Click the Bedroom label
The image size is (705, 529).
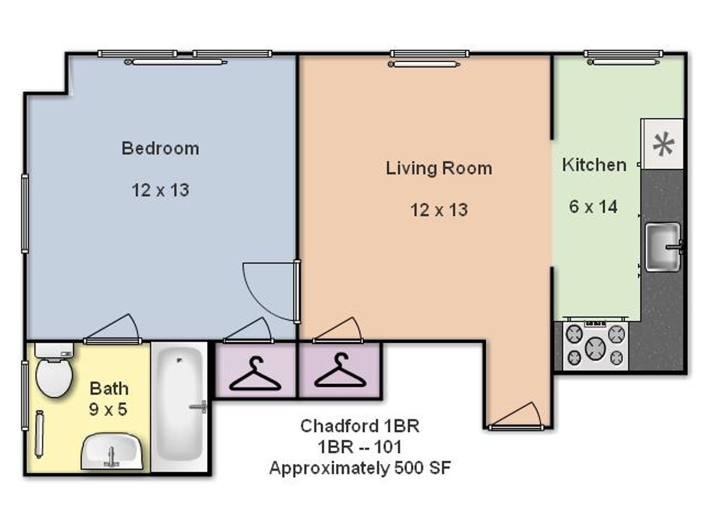[160, 148]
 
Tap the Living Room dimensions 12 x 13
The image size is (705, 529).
[439, 210]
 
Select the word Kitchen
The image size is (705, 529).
[594, 165]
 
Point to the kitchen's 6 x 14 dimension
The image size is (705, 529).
[593, 207]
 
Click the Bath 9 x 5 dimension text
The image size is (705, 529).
[108, 409]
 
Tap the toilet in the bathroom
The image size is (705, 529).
[54, 370]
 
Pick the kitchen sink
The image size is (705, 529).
[663, 247]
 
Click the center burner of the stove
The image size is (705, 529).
[595, 348]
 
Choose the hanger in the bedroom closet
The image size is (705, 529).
[255, 374]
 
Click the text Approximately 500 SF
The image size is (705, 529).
[360, 468]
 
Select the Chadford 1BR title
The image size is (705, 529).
[360, 426]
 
